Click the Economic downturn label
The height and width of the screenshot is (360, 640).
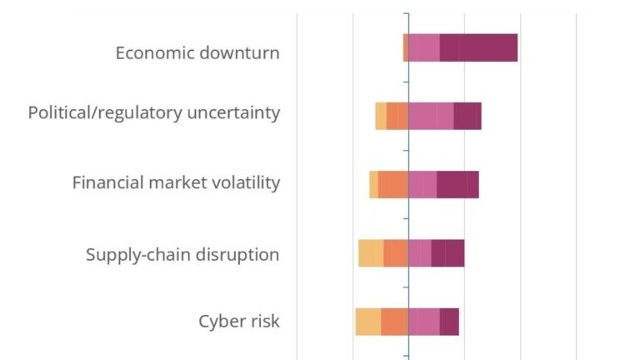197,52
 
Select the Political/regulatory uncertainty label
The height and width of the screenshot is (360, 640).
154,112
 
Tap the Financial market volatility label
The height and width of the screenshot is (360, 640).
176,182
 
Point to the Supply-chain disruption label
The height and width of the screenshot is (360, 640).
182,254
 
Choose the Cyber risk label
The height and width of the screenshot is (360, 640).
239,321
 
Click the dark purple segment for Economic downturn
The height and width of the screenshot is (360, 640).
478,48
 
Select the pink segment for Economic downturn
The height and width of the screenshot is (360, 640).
423,48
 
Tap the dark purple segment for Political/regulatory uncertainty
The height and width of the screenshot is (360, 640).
467,117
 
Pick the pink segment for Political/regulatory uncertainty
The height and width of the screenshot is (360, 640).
431,117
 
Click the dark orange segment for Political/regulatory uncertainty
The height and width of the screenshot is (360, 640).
397,117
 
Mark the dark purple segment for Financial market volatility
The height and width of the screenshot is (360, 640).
457,185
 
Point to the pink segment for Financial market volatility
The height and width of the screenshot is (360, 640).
422,185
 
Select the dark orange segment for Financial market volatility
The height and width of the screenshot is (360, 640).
393,185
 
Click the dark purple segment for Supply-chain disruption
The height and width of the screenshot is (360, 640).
447,253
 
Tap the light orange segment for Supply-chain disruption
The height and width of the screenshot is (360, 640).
371,253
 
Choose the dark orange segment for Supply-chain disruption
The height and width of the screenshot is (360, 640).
396,253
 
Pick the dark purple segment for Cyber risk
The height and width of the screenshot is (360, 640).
449,322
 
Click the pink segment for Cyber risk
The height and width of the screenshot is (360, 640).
423,322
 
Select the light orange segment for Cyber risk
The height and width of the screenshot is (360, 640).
368,322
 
